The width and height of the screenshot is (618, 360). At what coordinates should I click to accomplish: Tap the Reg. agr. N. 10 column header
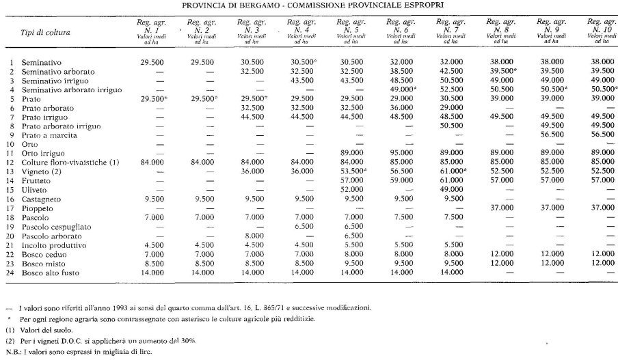pyautogui.click(x=600, y=31)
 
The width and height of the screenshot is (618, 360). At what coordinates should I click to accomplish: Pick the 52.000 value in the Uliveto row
pyautogui.click(x=351, y=190)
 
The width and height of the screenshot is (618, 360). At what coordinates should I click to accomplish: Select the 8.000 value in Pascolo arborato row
pyautogui.click(x=251, y=236)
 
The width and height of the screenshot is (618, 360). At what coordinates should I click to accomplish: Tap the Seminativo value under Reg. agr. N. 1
pyautogui.click(x=151, y=62)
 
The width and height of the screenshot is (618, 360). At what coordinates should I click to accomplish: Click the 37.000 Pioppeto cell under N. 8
pyautogui.click(x=500, y=208)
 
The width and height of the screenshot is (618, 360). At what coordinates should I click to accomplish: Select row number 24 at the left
pyautogui.click(x=11, y=273)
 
